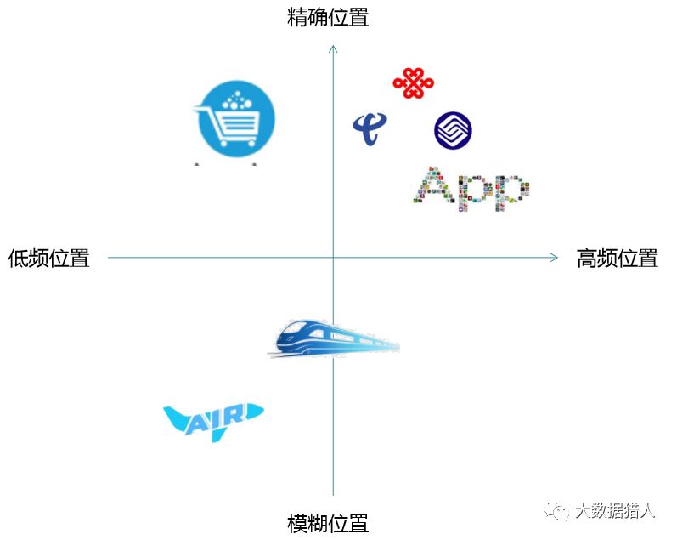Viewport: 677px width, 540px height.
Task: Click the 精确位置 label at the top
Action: [328, 17]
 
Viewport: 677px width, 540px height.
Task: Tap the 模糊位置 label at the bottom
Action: [328, 522]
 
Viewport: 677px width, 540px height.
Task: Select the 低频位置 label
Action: [49, 259]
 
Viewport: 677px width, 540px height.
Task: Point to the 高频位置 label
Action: [617, 259]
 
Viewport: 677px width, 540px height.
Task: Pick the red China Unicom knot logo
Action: [413, 82]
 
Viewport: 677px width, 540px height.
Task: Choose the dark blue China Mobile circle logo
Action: [453, 131]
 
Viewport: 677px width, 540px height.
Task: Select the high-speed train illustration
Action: [335, 338]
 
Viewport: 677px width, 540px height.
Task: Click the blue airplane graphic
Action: [213, 418]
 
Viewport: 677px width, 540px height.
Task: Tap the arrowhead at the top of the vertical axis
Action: [333, 49]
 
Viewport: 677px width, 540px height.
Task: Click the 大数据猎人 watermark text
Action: [615, 510]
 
